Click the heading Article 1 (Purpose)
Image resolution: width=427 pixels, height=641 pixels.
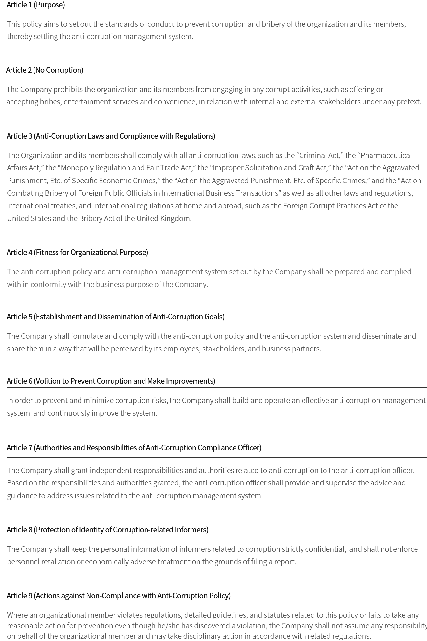36,5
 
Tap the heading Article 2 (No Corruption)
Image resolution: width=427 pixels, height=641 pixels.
45,70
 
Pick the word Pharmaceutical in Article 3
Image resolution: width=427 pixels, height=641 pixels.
386,155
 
